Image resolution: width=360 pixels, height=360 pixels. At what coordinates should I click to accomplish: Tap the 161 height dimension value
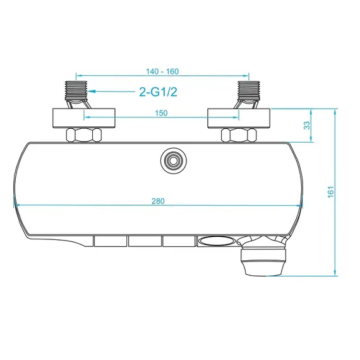point(331,191)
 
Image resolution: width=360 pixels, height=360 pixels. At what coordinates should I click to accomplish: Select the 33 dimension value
point(308,125)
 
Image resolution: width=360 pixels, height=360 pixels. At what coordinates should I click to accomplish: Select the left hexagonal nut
point(83,135)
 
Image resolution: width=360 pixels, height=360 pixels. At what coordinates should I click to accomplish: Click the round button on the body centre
point(171,161)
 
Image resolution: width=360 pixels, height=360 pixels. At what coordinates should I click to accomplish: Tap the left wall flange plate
point(84,117)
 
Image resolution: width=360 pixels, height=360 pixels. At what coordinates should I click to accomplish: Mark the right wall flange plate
point(239,117)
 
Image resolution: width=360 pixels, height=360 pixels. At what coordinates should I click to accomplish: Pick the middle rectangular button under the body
point(143,241)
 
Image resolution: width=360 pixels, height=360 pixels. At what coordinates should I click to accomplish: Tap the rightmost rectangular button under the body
point(177,241)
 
